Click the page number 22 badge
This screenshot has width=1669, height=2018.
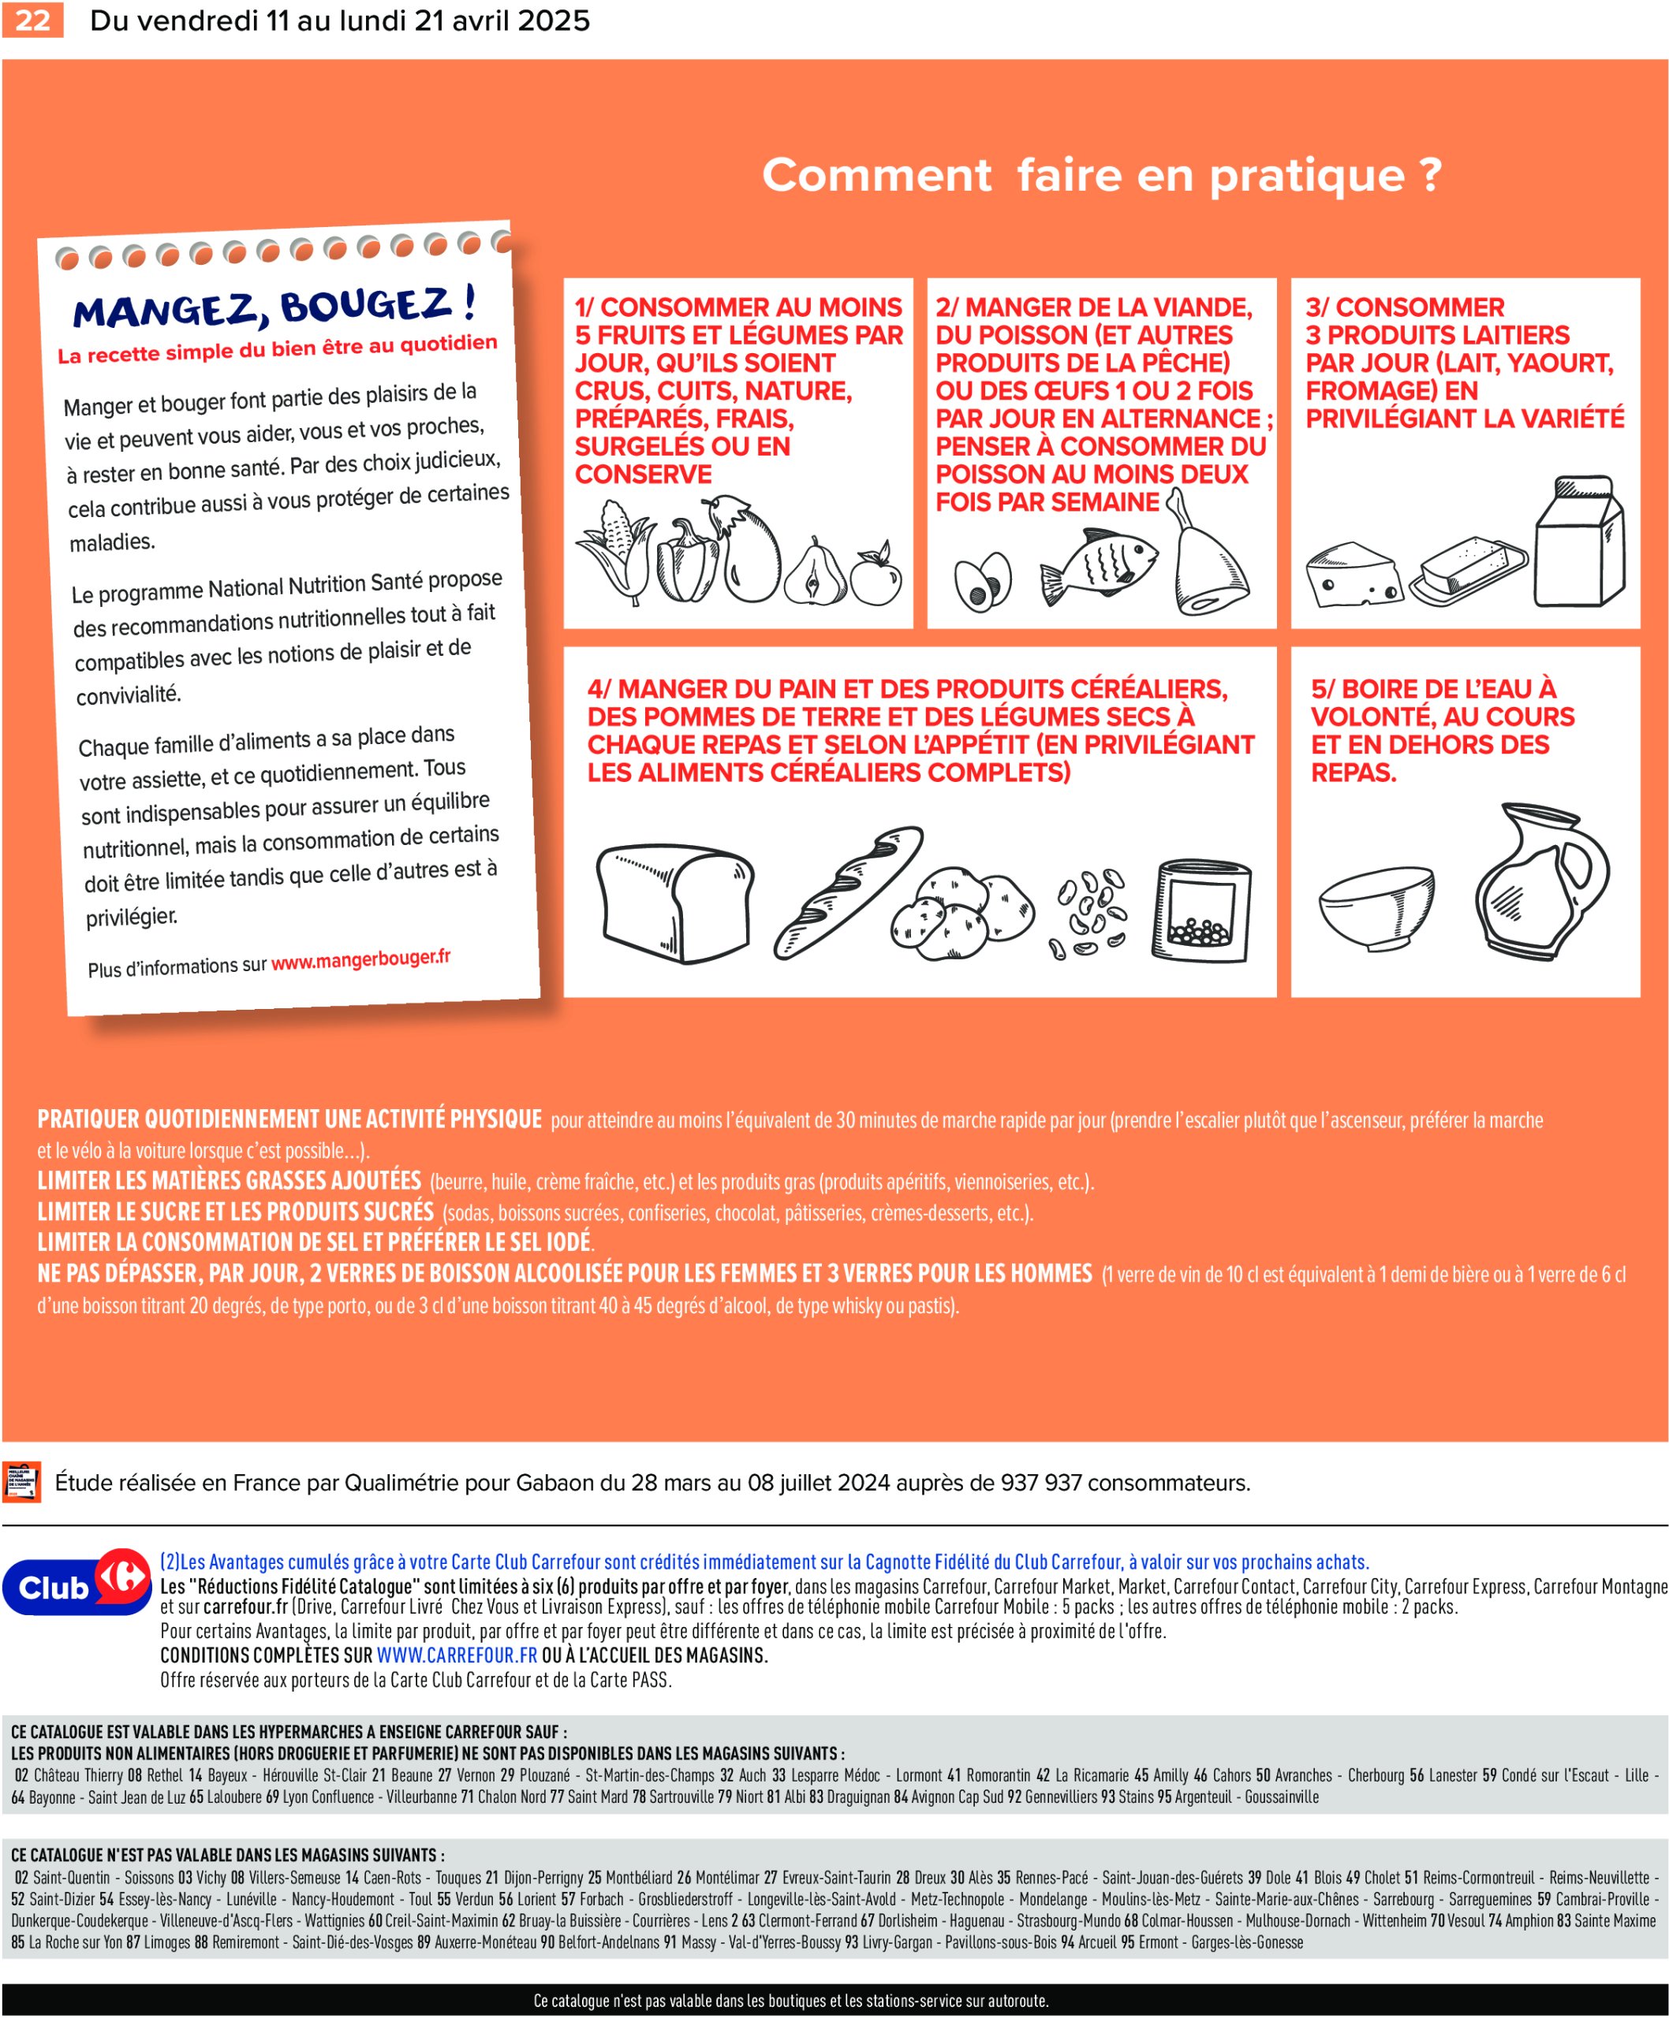coord(32,20)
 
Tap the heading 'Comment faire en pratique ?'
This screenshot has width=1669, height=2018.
coord(1102,175)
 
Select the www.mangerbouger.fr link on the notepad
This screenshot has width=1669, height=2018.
coord(360,960)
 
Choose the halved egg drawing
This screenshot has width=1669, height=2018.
coord(983,582)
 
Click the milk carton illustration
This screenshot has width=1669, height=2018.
coord(1580,542)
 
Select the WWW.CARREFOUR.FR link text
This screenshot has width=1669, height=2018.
coord(457,1655)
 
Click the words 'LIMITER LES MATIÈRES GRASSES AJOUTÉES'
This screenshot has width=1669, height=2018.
coord(229,1181)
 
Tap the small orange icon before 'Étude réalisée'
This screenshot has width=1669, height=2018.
coord(21,1482)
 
